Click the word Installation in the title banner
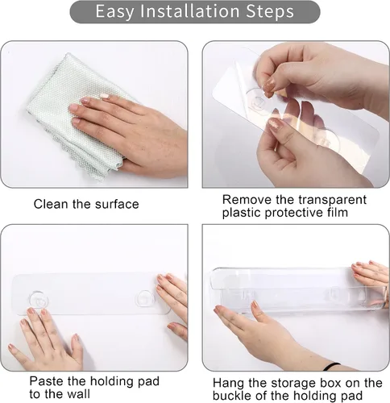[189, 11]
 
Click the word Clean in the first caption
[51, 204]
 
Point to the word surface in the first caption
[117, 204]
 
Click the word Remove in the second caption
[247, 200]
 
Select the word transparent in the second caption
[332, 201]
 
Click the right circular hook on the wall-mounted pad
[146, 298]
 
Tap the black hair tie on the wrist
[332, 366]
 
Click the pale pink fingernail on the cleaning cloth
[104, 95]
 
